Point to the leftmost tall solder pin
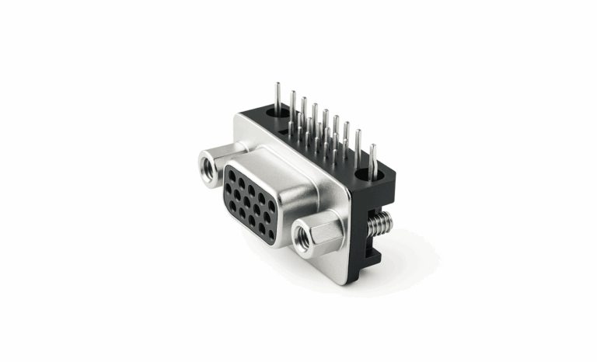278,97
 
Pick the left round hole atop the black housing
273,113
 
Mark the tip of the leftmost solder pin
278,81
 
